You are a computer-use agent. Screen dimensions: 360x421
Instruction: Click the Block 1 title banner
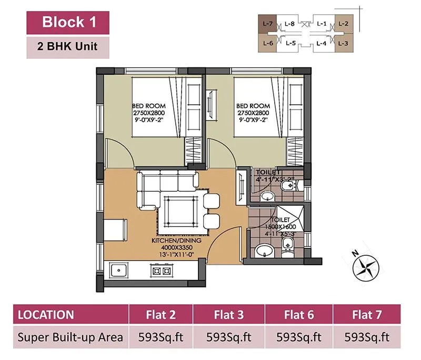(68, 22)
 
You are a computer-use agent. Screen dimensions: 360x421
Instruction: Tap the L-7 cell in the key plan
(267, 24)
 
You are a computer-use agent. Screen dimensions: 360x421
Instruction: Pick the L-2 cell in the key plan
(344, 24)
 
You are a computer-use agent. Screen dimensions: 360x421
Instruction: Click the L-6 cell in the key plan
(267, 44)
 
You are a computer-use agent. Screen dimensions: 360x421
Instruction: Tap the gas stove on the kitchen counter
(161, 272)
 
